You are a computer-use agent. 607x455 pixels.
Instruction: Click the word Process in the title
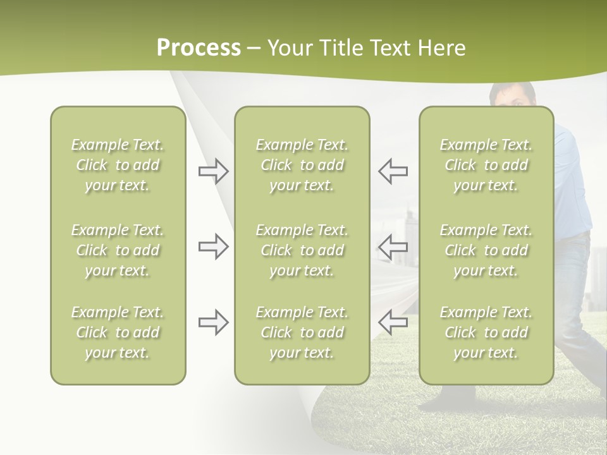coord(199,48)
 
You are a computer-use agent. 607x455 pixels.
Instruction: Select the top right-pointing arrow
coord(213,171)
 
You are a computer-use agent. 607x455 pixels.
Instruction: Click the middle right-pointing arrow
coord(213,246)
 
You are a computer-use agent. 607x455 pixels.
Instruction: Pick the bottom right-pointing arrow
coord(213,322)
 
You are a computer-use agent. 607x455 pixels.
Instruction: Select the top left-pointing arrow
coord(393,171)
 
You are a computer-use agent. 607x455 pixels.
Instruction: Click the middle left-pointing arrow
coord(393,246)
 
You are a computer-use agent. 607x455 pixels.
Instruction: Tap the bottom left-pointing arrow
coord(393,322)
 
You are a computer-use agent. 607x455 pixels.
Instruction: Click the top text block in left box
coord(118,165)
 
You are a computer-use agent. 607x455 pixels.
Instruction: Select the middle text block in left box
coord(118,250)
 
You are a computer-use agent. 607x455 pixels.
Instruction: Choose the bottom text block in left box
coord(118,332)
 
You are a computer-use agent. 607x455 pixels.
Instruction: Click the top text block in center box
coord(302,165)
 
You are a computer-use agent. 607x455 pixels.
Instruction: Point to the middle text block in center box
coord(302,250)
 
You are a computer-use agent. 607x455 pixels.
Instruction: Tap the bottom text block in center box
coord(302,332)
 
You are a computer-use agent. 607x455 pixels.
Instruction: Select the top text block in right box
coord(486,165)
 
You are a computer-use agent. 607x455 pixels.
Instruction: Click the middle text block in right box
coord(486,250)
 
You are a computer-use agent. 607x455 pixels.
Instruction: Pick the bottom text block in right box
coord(486,332)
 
